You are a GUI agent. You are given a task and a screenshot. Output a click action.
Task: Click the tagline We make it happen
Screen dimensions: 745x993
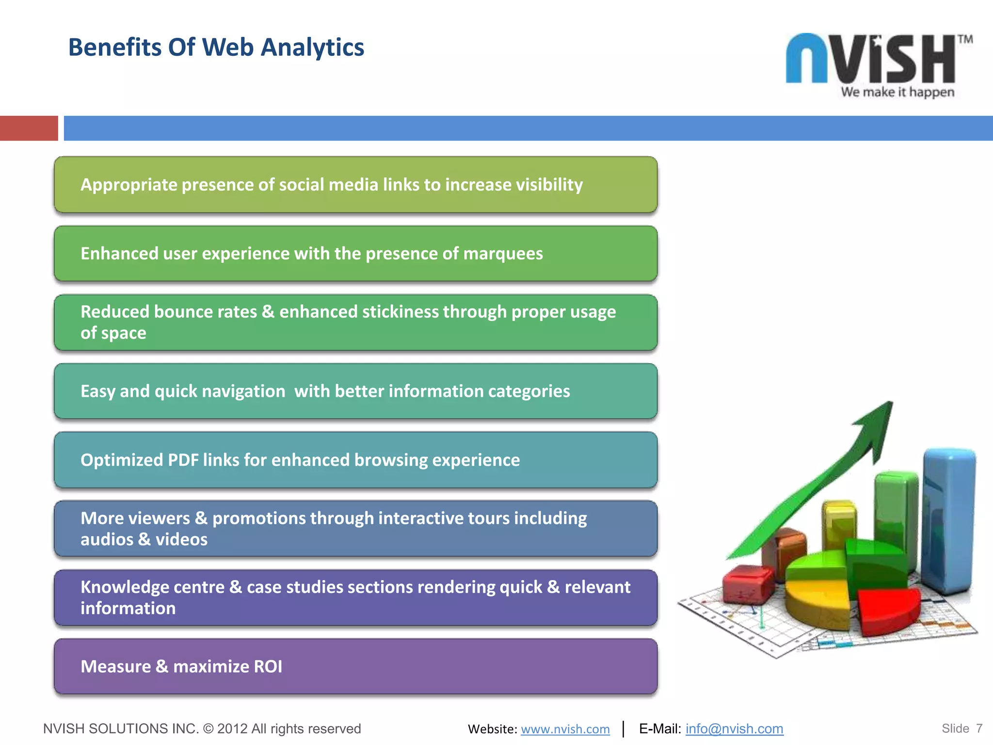tap(897, 92)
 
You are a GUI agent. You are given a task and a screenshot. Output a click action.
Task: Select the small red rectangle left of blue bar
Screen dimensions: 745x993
tap(29, 128)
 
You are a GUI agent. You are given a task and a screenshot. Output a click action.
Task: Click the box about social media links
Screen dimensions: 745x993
tap(355, 185)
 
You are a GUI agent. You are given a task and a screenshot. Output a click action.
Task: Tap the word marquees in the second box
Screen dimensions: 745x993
tap(503, 254)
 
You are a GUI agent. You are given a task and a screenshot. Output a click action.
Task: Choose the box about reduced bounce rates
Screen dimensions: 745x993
tap(355, 323)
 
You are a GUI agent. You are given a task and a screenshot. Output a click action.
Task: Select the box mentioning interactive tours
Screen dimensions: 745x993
tap(355, 529)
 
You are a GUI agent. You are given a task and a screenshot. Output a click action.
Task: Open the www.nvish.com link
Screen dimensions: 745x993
tap(565, 729)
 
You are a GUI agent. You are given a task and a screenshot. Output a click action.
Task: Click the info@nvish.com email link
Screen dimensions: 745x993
tap(734, 729)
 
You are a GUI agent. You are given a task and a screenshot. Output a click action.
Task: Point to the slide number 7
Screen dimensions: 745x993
tap(979, 729)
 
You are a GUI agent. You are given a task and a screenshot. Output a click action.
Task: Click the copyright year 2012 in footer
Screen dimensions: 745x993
tap(232, 729)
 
